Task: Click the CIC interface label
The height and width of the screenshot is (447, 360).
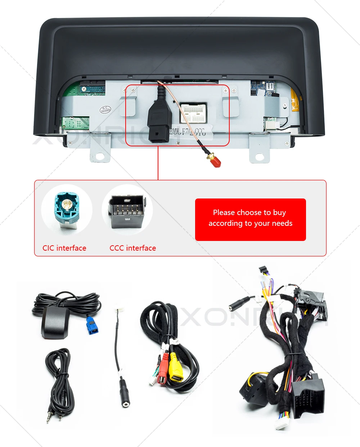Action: pos(64,248)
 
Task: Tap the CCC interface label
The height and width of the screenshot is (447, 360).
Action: pos(133,248)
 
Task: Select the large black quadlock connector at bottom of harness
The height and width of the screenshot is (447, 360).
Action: pos(307,396)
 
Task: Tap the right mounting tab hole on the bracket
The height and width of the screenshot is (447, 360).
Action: pos(260,157)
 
